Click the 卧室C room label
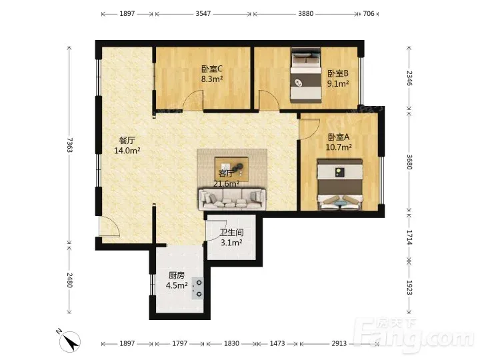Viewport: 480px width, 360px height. point(212,69)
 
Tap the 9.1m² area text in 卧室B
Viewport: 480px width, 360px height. point(338,83)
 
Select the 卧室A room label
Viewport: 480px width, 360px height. point(338,137)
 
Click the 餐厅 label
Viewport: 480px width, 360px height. point(127,141)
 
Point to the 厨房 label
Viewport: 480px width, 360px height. point(177,275)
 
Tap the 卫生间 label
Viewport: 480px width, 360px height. point(232,233)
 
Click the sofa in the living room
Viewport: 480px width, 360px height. point(232,199)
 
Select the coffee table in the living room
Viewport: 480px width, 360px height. point(231,169)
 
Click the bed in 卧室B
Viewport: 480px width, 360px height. point(306,75)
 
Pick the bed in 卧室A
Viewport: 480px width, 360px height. point(339,184)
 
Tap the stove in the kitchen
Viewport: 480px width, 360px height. point(198,289)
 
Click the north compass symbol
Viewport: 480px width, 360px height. point(70,341)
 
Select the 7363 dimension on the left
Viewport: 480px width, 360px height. point(69,145)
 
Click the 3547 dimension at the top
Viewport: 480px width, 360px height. point(203,14)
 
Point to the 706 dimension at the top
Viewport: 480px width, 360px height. point(369,14)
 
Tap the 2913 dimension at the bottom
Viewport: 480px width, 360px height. point(339,343)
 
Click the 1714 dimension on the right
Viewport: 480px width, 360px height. point(409,237)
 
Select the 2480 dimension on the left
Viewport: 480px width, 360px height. point(69,280)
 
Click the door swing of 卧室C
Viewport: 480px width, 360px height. point(193,100)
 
